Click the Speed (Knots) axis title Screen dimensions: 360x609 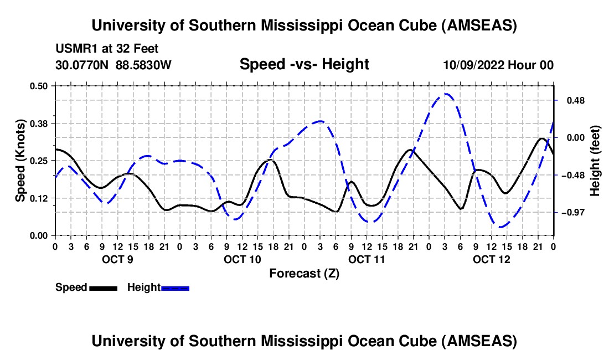[20, 160]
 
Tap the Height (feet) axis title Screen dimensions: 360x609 [595, 161]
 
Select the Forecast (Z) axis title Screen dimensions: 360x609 [304, 273]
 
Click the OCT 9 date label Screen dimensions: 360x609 [117, 259]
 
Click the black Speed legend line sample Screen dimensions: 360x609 [103, 287]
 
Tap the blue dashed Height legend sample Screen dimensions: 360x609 [176, 287]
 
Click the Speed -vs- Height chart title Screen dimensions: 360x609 [304, 64]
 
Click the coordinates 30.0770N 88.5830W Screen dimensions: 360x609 [113, 65]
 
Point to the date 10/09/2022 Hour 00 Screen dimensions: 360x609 [498, 65]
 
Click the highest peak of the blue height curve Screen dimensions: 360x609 [446, 95]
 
